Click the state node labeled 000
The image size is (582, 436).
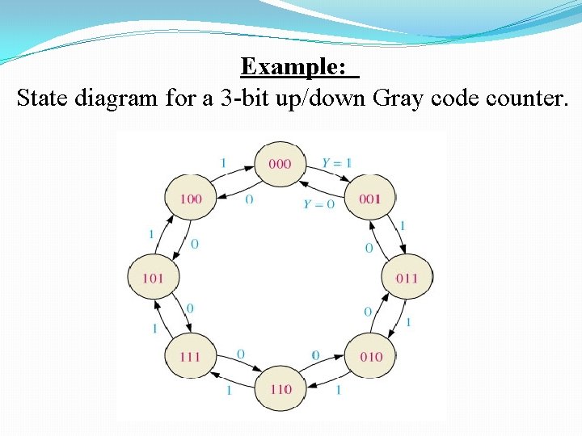pyautogui.click(x=280, y=164)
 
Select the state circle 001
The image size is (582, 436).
pyautogui.click(x=370, y=199)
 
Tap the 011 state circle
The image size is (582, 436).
pyautogui.click(x=407, y=278)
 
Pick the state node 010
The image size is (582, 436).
pyautogui.click(x=370, y=356)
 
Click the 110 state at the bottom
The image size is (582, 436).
pyautogui.click(x=280, y=389)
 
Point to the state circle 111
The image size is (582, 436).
pyautogui.click(x=190, y=356)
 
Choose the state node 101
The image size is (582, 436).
pyautogui.click(x=153, y=278)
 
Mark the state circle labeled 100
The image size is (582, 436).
pyautogui.click(x=190, y=199)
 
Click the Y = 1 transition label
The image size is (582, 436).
pyautogui.click(x=336, y=163)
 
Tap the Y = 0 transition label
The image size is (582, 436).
pyautogui.click(x=318, y=204)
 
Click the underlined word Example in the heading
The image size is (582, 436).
pyautogui.click(x=299, y=66)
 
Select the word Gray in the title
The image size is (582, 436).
pyautogui.click(x=394, y=99)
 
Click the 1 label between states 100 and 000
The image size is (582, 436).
pyautogui.click(x=223, y=163)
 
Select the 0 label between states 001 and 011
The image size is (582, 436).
pyautogui.click(x=369, y=248)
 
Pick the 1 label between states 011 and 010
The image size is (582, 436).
pyautogui.click(x=408, y=322)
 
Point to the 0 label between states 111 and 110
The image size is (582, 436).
pyautogui.click(x=240, y=354)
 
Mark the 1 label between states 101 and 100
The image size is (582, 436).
pyautogui.click(x=151, y=234)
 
